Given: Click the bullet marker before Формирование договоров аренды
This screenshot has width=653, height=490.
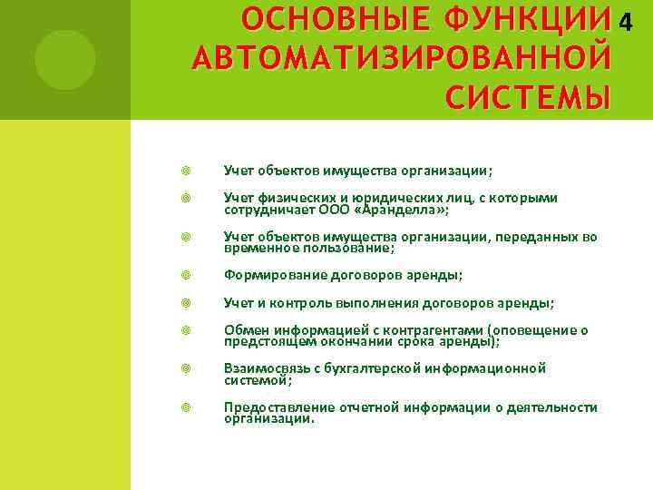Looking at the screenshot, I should point(185,276).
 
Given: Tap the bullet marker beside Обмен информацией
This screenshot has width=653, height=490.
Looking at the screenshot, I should point(185,330).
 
